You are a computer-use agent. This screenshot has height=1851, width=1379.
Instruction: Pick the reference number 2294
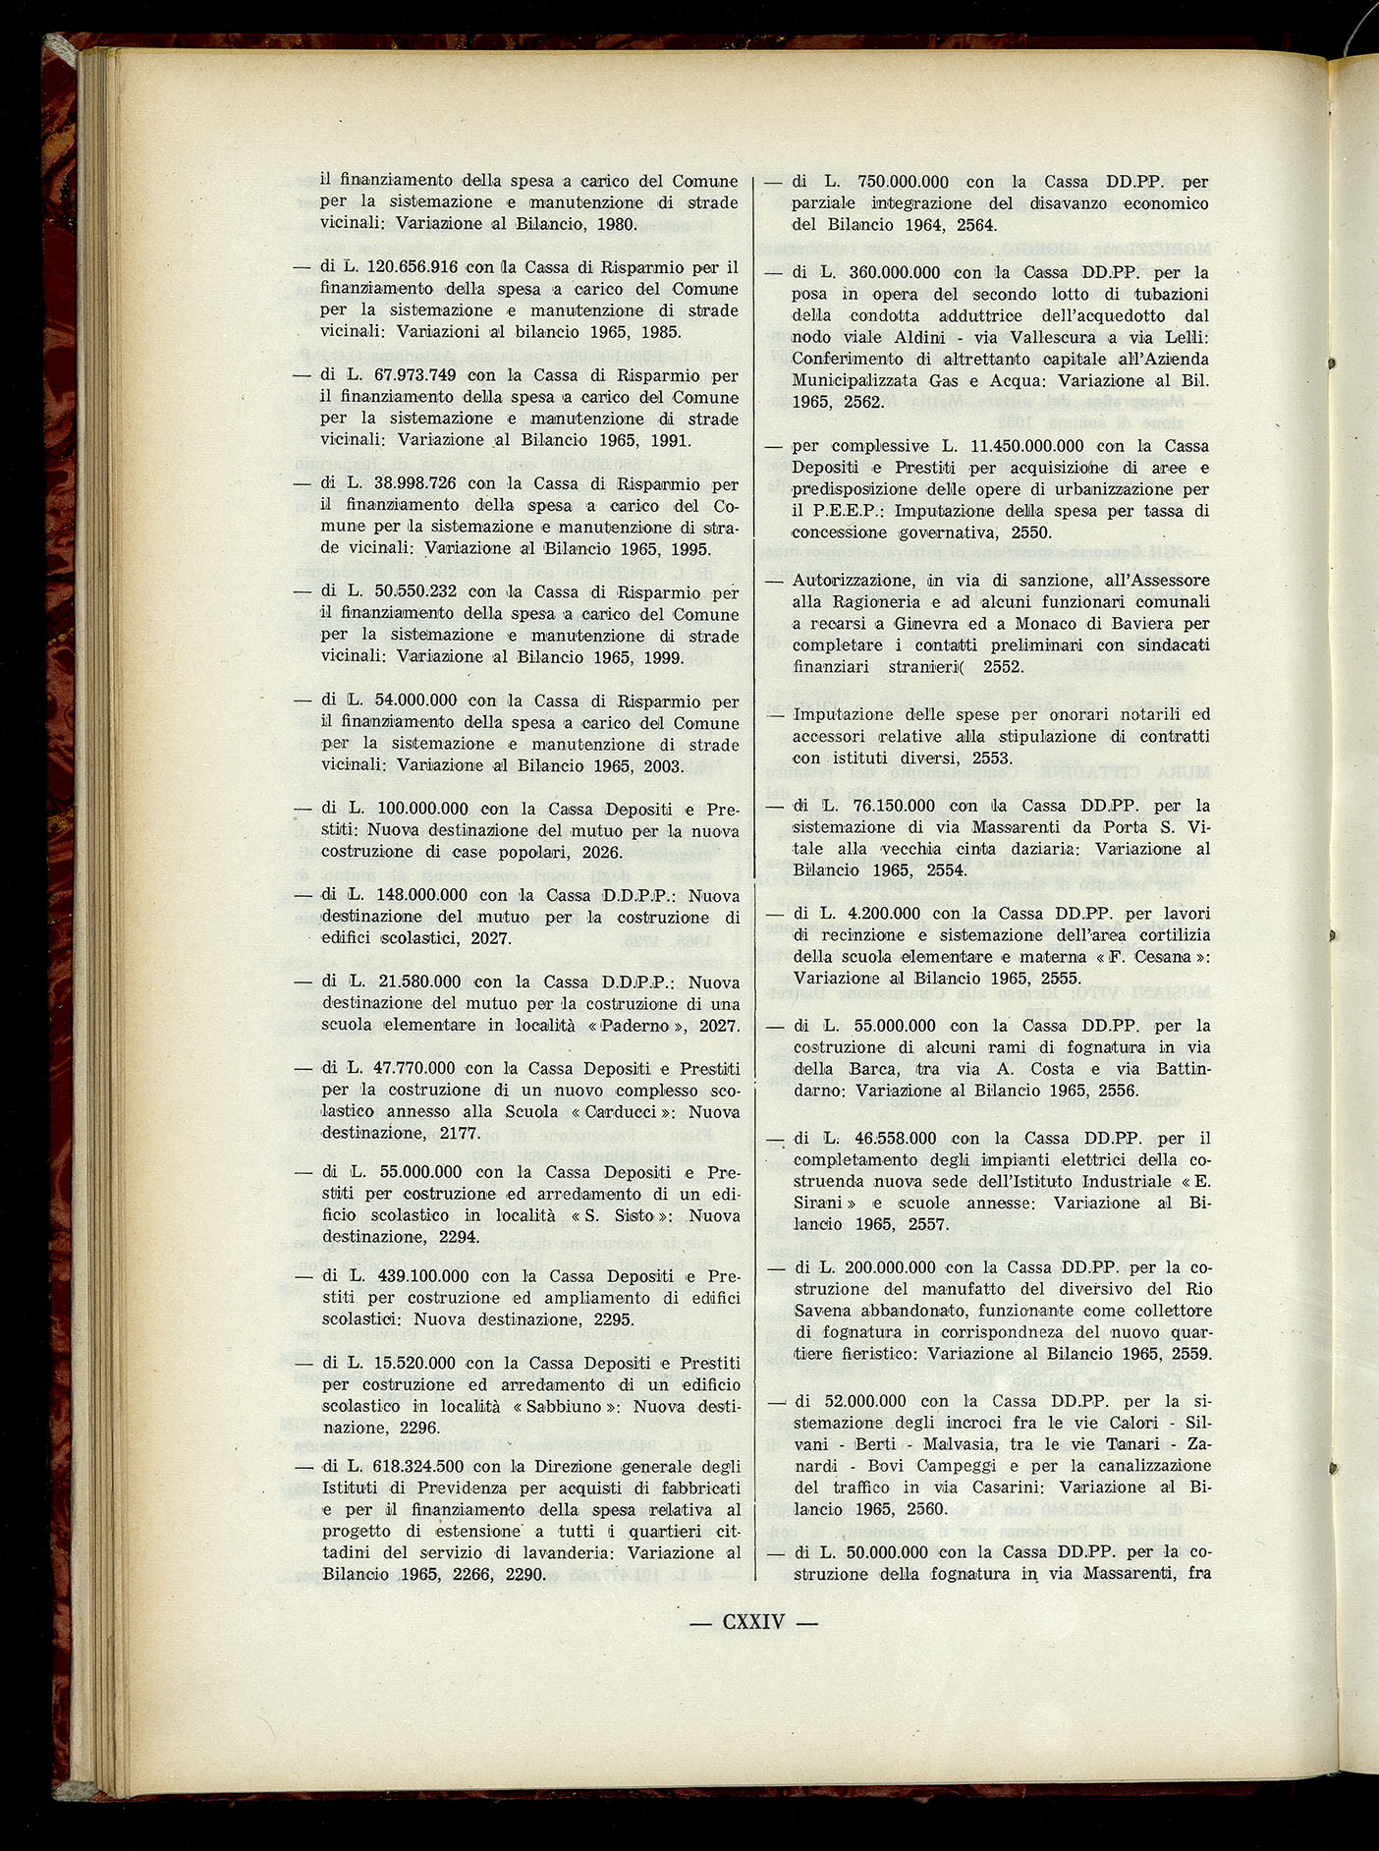[459, 1237]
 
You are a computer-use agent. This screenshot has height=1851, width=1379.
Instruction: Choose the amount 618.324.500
[416, 1467]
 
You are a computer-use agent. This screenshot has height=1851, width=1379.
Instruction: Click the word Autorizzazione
[853, 581]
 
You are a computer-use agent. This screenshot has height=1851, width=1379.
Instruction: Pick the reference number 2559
[1185, 1353]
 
